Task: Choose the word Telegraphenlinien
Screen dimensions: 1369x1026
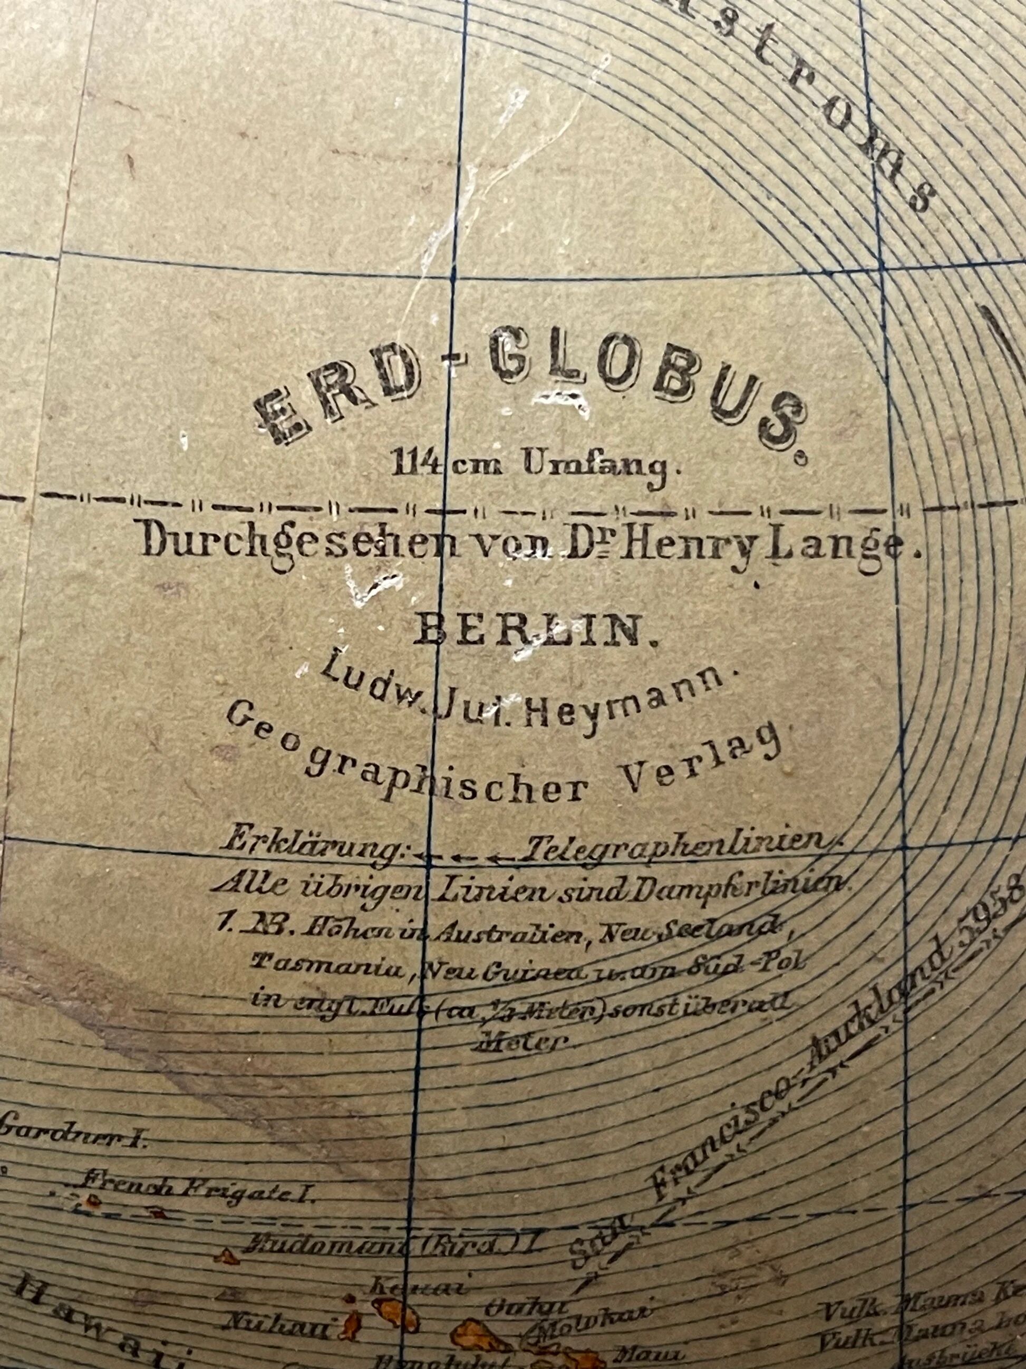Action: [x=674, y=845]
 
